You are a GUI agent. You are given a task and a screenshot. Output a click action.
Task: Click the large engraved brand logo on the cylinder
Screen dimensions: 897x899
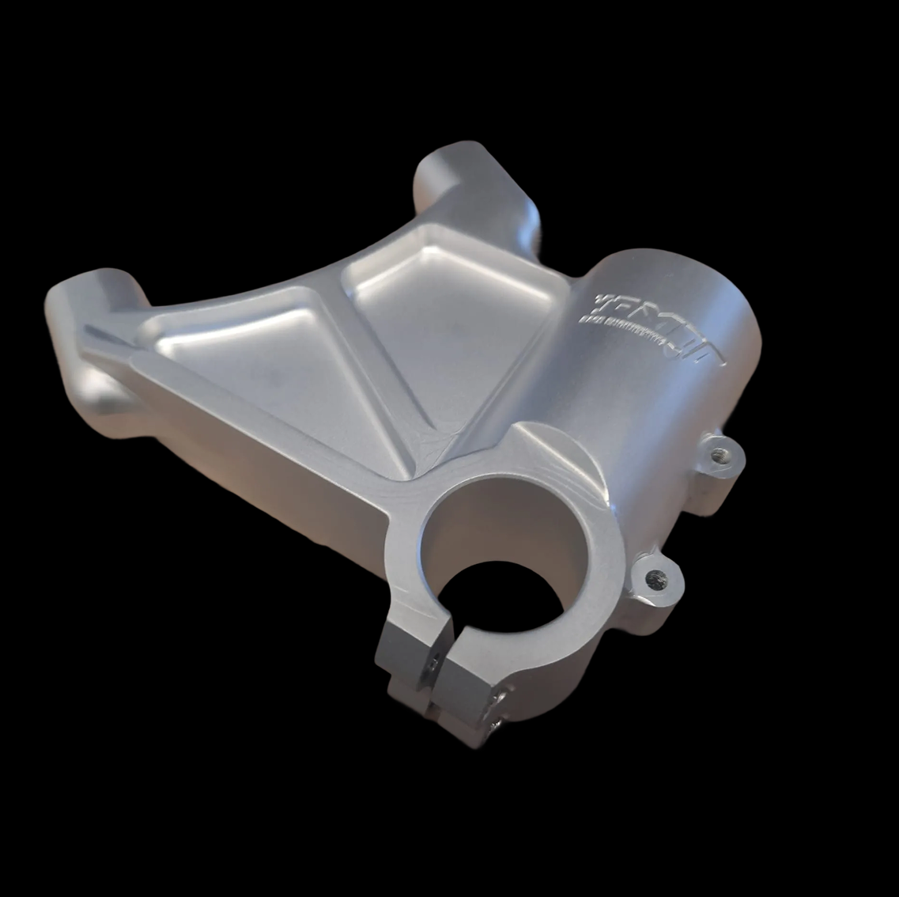[656, 320]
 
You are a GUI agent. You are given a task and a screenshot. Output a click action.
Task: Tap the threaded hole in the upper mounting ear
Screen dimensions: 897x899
[719, 455]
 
